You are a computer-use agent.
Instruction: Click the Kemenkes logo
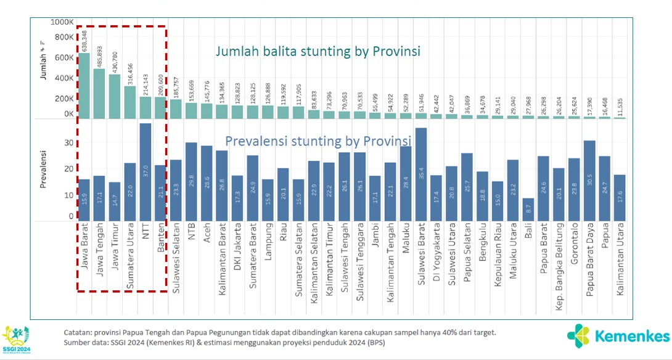(x=618, y=336)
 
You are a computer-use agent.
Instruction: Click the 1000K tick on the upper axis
(x=62, y=22)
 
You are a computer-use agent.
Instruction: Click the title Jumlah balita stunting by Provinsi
(x=318, y=51)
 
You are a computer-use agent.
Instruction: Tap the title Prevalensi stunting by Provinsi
(x=318, y=142)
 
